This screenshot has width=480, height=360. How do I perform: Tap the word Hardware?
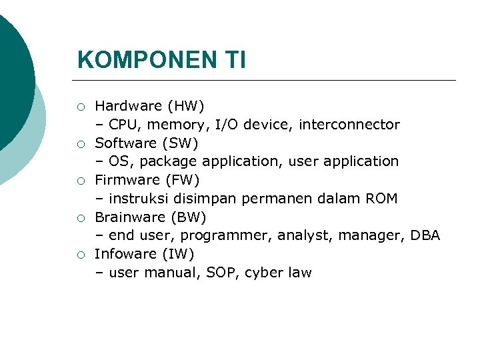point(128,106)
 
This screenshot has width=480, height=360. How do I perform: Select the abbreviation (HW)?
point(186,106)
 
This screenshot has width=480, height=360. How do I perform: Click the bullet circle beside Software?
point(80,143)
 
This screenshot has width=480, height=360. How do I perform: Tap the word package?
point(169,162)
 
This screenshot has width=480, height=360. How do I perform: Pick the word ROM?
point(382,199)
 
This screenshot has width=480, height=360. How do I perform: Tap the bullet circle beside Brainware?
point(80,217)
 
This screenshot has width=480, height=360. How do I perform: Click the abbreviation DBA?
point(425,235)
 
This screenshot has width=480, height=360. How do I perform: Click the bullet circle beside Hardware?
point(80,107)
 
